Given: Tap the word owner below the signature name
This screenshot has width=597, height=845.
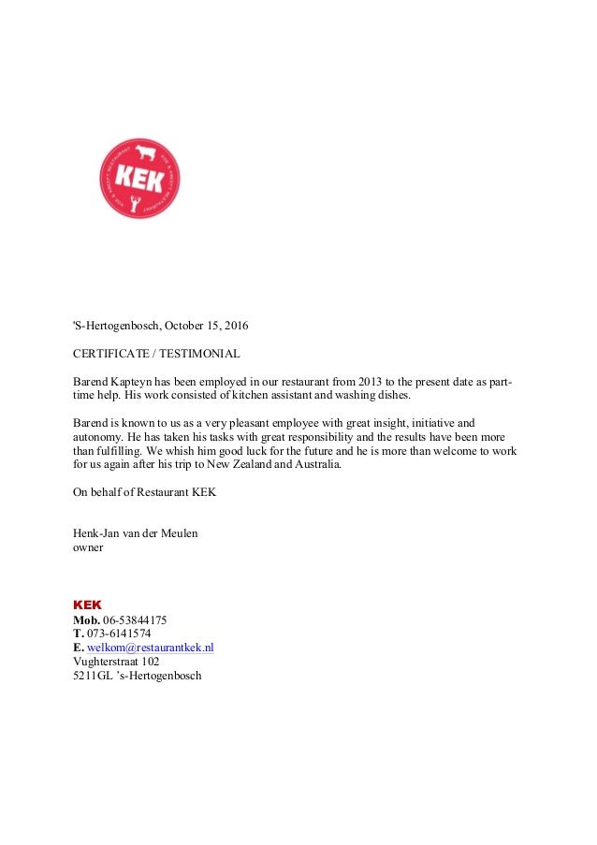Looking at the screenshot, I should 88,547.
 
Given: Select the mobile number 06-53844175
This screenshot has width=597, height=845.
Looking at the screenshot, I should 135,619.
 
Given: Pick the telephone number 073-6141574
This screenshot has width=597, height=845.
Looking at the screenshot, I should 119,634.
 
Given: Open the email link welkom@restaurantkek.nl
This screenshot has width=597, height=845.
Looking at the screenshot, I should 151,648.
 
